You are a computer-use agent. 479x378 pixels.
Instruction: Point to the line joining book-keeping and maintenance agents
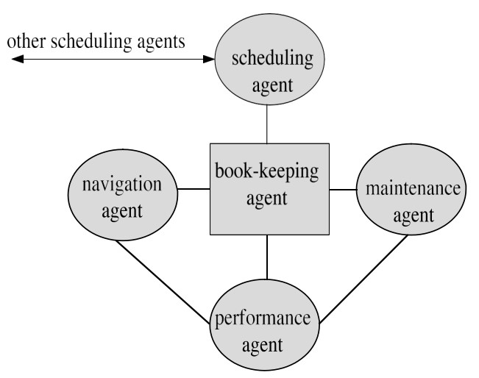[341, 189]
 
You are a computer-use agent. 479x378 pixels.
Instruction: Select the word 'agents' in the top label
[161, 41]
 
